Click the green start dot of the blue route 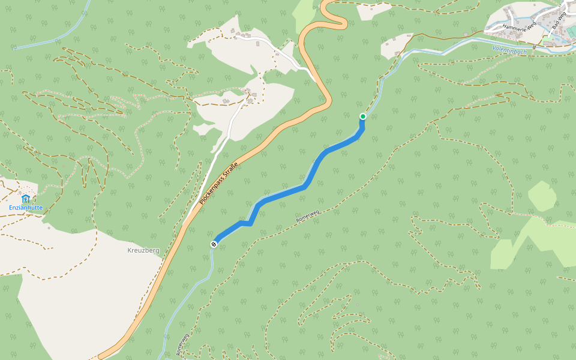pos(362,116)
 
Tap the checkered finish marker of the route pos(214,244)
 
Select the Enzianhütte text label pos(25,208)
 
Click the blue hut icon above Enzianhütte pos(25,199)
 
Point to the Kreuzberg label pos(143,250)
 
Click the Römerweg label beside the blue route pos(307,217)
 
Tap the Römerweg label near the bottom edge pos(182,344)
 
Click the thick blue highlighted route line pos(282,193)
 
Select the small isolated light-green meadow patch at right pos(542,196)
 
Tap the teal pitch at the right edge pos(571,31)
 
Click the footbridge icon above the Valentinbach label pos(533,47)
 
